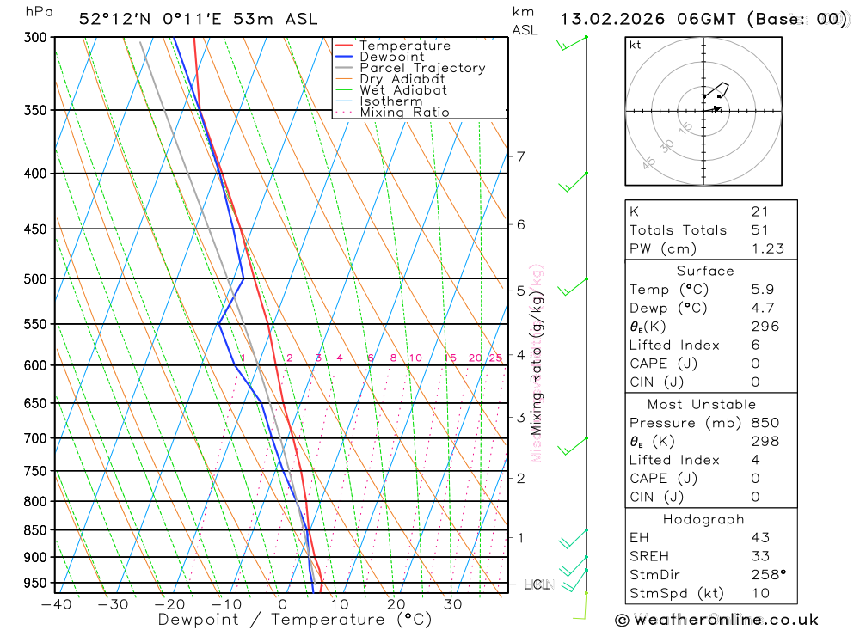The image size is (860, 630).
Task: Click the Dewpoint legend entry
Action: [391, 57]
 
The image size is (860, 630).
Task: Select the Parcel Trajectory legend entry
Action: [421, 68]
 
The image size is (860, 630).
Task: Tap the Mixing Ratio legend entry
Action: [403, 113]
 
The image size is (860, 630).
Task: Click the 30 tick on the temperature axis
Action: [452, 604]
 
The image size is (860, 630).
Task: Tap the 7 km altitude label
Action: [520, 156]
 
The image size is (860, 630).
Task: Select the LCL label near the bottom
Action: [536, 585]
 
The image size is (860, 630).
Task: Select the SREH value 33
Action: [759, 556]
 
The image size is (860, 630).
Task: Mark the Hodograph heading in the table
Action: [704, 519]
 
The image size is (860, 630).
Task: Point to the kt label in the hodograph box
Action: [636, 46]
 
